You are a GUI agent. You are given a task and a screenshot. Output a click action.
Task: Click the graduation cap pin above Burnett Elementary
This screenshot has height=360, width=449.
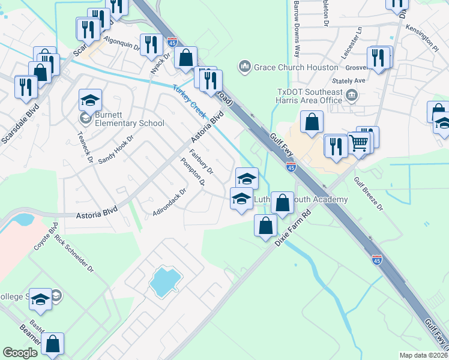pyautogui.click(x=91, y=101)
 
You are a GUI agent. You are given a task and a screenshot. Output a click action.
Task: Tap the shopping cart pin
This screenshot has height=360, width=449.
pyautogui.click(x=359, y=144)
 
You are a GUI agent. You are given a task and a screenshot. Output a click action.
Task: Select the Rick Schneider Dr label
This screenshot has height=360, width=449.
pyautogui.click(x=74, y=253)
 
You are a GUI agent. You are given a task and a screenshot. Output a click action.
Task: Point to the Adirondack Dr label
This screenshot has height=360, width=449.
pyautogui.click(x=170, y=203)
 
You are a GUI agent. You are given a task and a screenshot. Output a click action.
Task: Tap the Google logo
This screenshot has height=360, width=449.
pyautogui.click(x=20, y=353)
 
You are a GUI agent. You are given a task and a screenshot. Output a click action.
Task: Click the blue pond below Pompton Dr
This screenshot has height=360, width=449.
pyautogui.click(x=165, y=281)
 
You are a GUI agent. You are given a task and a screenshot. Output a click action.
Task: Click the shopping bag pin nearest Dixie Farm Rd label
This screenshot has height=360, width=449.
pyautogui.click(x=265, y=226)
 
